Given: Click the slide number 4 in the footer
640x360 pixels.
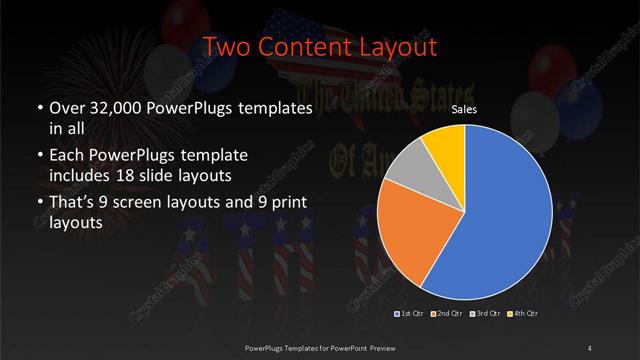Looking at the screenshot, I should tap(590, 347).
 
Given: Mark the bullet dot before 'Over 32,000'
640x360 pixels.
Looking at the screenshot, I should tap(38, 108).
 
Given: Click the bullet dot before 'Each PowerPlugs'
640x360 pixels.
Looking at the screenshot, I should tap(38, 156).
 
